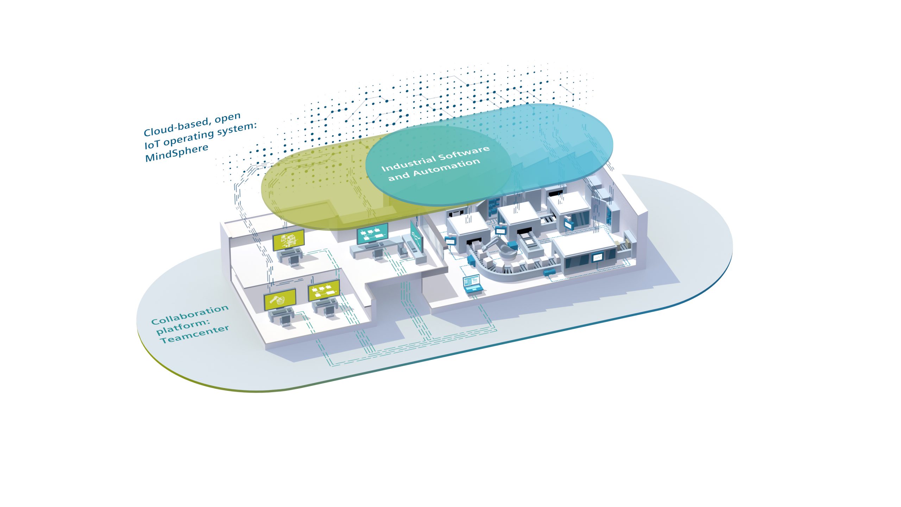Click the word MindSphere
(177, 154)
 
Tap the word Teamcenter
(195, 334)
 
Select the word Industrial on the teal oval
(408, 163)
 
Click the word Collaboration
(190, 315)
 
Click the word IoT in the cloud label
(152, 144)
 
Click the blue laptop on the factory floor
(472, 285)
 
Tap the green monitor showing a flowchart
(324, 290)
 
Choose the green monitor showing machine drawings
(288, 240)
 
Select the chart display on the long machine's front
(597, 258)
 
